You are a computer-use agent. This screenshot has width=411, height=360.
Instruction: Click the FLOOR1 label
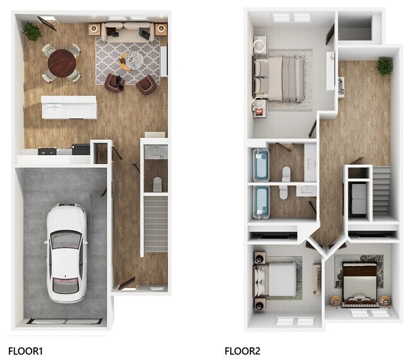coord(25,350)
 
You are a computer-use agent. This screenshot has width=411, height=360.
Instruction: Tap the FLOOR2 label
coord(242,350)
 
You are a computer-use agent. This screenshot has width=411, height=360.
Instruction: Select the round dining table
coord(61,62)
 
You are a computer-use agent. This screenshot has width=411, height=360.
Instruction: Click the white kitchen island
coord(69,107)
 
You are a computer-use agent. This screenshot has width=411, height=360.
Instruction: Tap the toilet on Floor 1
coord(156,183)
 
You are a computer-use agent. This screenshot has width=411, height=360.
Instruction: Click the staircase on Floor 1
coord(155,225)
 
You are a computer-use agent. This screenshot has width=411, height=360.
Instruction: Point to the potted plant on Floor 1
coord(31,29)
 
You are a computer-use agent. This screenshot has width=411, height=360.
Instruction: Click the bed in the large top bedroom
coord(282,78)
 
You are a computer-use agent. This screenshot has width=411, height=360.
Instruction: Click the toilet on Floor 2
coord(286,173)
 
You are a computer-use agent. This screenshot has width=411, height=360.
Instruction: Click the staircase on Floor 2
coord(381,190)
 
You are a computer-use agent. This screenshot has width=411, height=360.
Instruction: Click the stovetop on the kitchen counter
coord(47,151)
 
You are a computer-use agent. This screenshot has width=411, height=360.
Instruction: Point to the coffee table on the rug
coord(130,62)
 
